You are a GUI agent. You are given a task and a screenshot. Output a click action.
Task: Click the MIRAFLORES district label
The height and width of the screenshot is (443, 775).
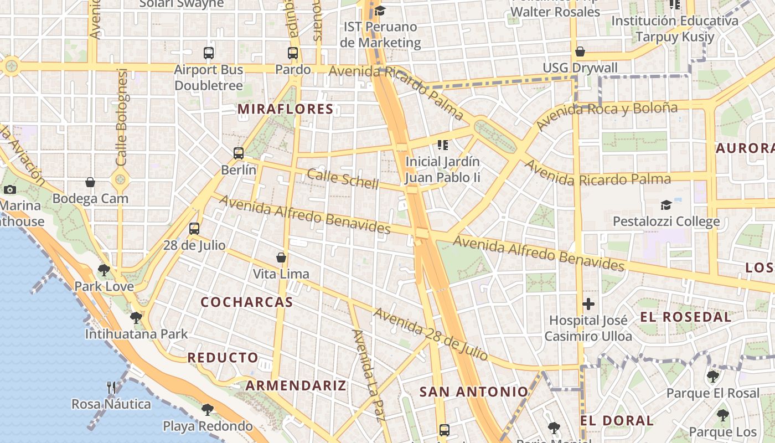286,109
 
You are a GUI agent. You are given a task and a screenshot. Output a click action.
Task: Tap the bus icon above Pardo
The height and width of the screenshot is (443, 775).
293,53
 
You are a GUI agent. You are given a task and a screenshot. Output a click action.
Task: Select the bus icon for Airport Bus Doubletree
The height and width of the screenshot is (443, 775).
209,53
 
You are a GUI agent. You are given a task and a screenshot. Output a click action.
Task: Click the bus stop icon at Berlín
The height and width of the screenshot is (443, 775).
239,153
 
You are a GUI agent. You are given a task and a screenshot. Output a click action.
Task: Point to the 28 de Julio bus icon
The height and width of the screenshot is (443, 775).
194,228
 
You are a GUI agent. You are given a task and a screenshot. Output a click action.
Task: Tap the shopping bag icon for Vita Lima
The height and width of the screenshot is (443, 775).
281,257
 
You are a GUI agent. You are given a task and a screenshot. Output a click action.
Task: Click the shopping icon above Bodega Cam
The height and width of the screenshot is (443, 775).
90,182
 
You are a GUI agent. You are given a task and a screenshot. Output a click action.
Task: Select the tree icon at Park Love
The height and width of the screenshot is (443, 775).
104,270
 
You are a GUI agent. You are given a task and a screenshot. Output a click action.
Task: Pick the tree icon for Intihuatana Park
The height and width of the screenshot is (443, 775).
136,318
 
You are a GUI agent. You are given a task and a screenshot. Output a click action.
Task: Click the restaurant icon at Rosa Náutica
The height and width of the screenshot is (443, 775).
111,387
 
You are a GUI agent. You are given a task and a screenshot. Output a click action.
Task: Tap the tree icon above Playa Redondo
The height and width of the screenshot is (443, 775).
207,410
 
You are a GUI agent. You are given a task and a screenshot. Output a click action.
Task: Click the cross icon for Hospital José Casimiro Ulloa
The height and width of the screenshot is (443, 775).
588,304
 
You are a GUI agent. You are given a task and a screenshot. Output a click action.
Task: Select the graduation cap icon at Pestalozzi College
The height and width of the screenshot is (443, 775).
666,205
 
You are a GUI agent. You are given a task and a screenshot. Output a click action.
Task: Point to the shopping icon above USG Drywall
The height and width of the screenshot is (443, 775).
580,51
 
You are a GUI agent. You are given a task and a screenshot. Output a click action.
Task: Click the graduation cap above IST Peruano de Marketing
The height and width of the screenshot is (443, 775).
380,11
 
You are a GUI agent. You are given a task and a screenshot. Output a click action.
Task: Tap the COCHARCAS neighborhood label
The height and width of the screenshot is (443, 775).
246,302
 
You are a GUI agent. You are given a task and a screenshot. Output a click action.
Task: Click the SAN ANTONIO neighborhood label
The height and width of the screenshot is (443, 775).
474,392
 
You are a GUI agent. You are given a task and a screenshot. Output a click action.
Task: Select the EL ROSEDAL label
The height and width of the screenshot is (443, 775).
686,317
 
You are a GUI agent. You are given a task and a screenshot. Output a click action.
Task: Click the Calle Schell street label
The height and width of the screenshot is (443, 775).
343,179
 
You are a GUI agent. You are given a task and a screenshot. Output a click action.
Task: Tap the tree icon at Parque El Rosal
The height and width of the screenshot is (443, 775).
712,377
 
